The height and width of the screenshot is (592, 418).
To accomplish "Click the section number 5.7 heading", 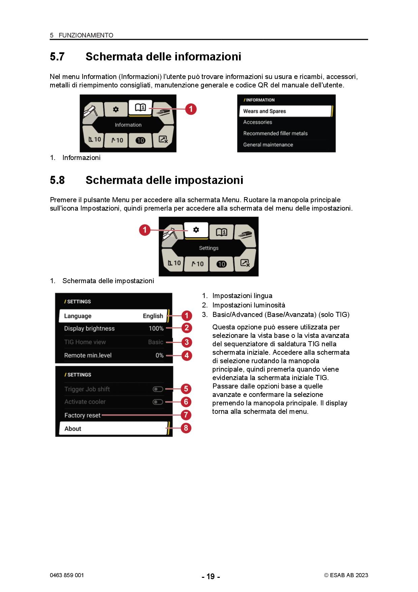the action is tap(57, 56).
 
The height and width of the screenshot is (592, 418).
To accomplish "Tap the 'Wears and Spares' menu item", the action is tap(265, 111).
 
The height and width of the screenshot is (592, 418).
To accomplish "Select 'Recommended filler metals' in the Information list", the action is tap(275, 133).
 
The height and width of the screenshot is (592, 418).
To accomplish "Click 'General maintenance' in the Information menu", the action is tap(268, 144).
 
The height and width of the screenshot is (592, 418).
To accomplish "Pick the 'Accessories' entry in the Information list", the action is tap(258, 122).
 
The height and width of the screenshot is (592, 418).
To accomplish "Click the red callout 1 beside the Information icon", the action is tap(191, 109).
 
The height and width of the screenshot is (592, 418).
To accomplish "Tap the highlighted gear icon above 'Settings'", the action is tap(196, 230).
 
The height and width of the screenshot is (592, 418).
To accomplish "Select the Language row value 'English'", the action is tap(153, 316).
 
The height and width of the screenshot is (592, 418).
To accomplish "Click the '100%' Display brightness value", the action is tap(156, 328).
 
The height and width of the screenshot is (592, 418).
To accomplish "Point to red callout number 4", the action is tap(186, 355).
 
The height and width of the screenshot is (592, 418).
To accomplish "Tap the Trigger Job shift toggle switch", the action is tap(158, 389).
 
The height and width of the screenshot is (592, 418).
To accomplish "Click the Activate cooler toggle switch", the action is tap(158, 402).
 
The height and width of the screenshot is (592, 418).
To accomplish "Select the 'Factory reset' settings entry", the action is tap(82, 415).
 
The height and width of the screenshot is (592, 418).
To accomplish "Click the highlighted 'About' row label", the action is tap(73, 429).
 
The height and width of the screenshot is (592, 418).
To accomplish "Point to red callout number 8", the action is tap(186, 428).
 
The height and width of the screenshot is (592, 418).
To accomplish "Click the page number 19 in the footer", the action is tap(211, 576).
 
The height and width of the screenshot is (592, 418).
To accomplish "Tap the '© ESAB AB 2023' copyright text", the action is tap(346, 575).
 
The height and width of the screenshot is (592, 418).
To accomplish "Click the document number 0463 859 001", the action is tap(67, 575).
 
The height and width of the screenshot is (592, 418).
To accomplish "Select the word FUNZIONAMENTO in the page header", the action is tap(86, 35).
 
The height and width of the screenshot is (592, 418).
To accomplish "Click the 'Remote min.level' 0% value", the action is tap(159, 355).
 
